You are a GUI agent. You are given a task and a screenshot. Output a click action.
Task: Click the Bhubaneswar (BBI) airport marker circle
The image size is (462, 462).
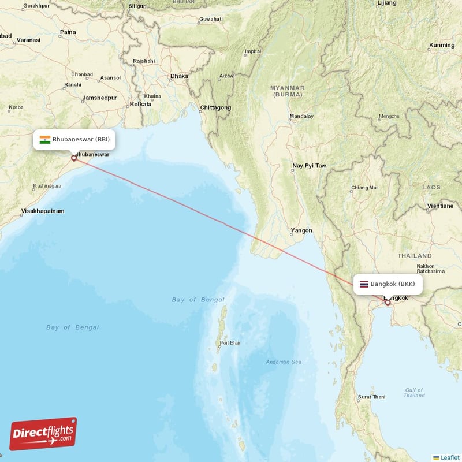(74, 158)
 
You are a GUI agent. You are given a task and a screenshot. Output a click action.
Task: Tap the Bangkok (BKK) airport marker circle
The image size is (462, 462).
(388, 303)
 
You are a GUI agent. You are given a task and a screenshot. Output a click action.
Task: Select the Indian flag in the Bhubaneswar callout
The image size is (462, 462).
(44, 139)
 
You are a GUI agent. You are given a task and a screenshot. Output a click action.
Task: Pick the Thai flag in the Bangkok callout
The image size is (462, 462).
(364, 284)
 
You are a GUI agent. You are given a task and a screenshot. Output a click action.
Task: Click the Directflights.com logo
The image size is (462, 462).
(43, 434)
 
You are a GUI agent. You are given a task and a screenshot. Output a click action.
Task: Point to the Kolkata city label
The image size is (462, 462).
(140, 104)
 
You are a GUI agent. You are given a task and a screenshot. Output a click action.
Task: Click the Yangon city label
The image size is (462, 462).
(301, 230)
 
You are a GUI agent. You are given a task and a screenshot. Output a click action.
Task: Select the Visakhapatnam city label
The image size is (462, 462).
(43, 211)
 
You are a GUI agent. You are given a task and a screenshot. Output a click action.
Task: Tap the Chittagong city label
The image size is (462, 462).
(215, 107)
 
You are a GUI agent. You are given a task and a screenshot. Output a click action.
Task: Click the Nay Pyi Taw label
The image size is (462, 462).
(309, 166)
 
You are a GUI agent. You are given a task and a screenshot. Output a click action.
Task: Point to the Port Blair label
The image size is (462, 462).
(229, 343)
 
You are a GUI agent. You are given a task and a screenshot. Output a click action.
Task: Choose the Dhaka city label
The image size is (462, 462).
(179, 76)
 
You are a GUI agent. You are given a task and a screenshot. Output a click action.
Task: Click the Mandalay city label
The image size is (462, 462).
(301, 116)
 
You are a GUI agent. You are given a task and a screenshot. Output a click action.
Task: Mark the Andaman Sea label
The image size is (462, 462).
(284, 362)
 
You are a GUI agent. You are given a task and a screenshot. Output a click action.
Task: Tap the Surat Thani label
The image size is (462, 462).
(372, 397)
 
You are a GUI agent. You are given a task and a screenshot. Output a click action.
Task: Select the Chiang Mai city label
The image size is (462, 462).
(364, 187)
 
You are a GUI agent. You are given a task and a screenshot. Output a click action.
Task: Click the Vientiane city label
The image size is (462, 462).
(440, 206)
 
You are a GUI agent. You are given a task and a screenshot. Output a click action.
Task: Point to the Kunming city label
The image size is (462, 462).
(442, 45)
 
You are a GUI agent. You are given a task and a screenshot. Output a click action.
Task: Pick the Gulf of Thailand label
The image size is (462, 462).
(415, 393)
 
